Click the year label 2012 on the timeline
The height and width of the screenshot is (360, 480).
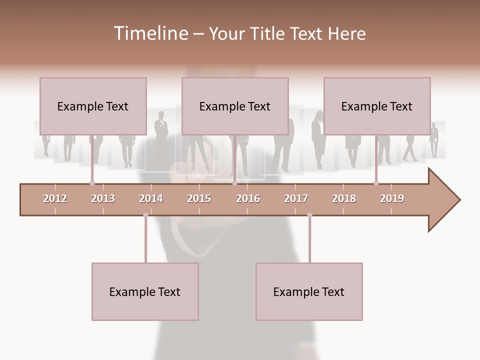tap(55, 198)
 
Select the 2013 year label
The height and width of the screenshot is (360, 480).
tap(103, 198)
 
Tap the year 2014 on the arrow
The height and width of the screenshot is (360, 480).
tap(151, 198)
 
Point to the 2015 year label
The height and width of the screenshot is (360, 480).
tap(199, 198)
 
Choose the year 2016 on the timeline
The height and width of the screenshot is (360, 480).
tap(248, 198)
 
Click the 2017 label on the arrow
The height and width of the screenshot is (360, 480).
tap(296, 198)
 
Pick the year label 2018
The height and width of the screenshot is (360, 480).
tap(344, 198)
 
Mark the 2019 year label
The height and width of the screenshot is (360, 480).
tap(392, 198)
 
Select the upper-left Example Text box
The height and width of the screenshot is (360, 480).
tap(93, 106)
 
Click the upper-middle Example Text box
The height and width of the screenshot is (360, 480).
tap(235, 106)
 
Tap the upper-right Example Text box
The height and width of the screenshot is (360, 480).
tap(377, 106)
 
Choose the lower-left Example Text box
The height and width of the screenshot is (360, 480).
tap(145, 291)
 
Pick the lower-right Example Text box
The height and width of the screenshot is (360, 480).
tap(309, 291)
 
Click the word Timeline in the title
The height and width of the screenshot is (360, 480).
tap(150, 33)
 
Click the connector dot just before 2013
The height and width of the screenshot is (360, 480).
tap(92, 183)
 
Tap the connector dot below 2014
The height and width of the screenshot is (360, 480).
tap(145, 215)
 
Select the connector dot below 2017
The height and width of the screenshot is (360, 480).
tap(309, 215)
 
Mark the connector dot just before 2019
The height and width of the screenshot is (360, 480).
tap(376, 183)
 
